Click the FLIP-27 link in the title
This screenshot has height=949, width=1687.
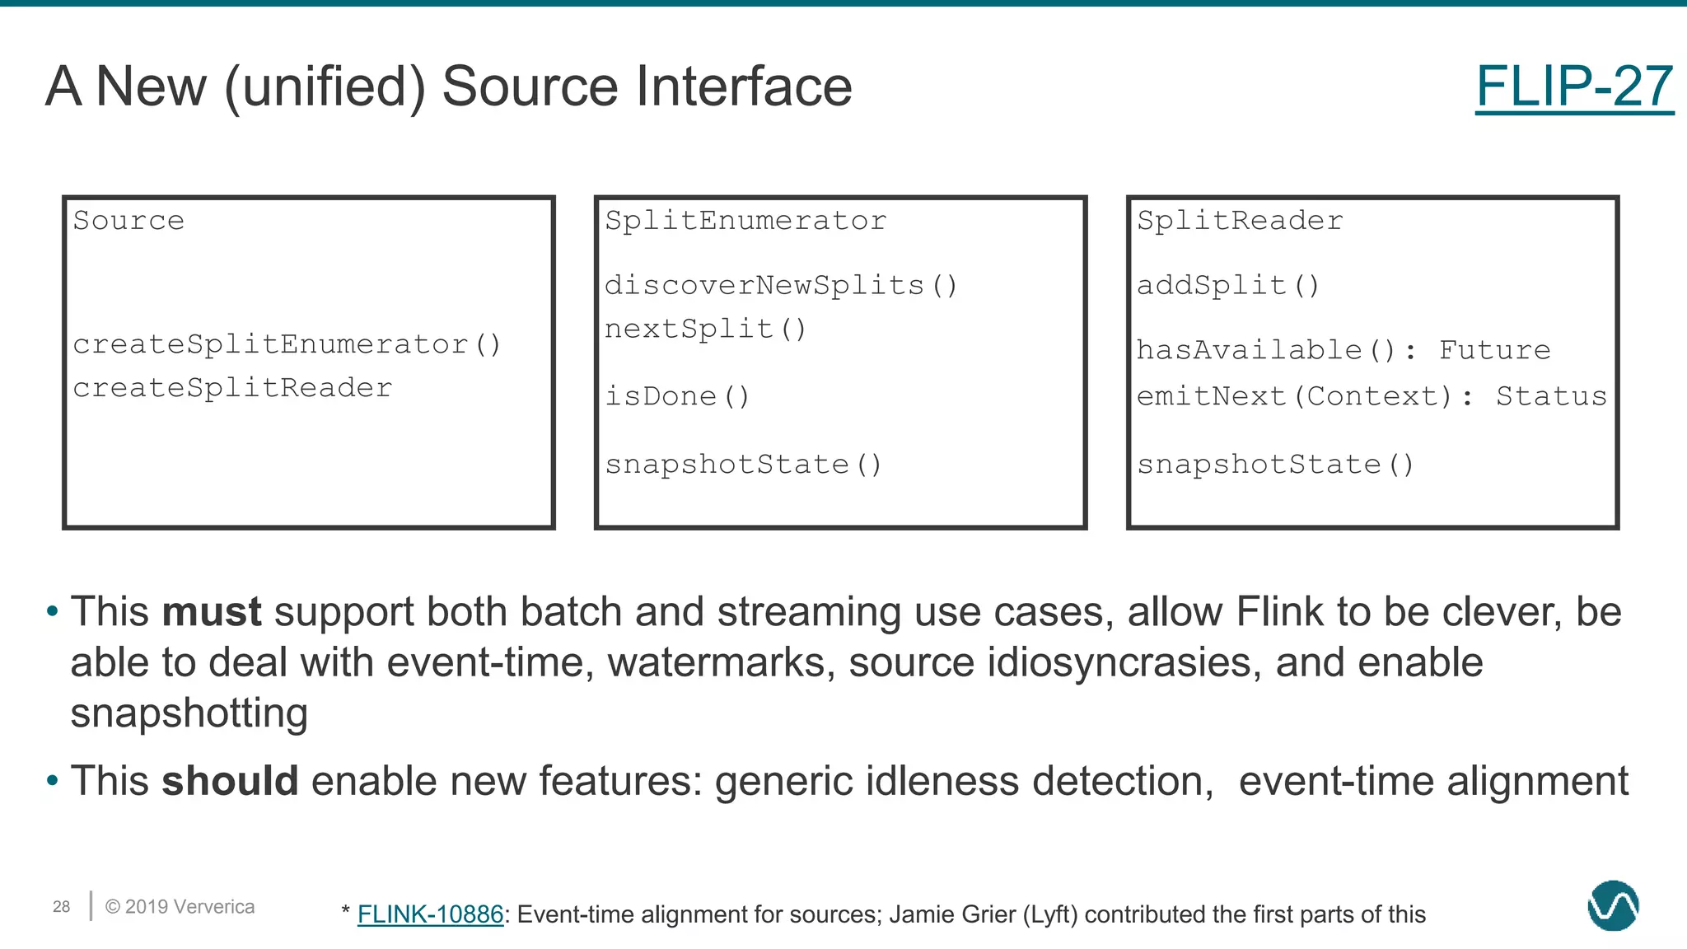[1573, 86]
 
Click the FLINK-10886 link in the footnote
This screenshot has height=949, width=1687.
[430, 914]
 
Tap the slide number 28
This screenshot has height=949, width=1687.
[62, 907]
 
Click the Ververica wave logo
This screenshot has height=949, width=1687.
[1613, 906]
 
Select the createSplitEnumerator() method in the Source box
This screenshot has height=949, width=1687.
[287, 344]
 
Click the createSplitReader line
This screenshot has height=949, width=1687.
[232, 388]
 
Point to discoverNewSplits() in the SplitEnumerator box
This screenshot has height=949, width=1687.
[781, 286]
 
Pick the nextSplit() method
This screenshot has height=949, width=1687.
[705, 330]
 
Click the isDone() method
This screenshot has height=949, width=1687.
[677, 397]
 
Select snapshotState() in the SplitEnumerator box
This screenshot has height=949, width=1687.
[743, 465]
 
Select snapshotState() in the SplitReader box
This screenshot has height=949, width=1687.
[1275, 465]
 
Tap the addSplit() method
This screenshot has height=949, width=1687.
[1228, 286]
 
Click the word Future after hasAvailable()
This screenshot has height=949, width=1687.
[1494, 350]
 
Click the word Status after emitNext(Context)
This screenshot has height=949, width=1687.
[1551, 397]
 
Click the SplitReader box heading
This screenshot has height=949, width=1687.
[1240, 221]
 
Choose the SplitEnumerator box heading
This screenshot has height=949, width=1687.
[745, 221]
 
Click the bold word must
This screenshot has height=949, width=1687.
[212, 612]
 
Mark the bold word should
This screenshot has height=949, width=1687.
[230, 781]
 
